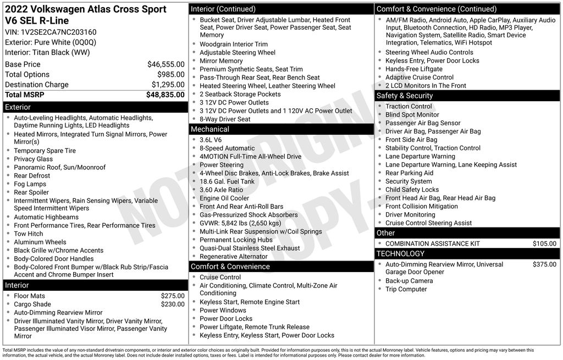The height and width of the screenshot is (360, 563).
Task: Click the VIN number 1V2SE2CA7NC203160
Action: (51, 32)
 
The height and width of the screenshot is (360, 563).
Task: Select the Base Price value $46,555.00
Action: (165, 64)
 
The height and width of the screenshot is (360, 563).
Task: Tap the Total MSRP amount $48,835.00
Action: (165, 95)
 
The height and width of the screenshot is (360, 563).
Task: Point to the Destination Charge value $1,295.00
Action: (168, 85)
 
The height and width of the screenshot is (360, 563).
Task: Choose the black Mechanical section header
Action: (281, 129)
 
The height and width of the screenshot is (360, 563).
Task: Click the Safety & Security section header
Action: (467, 96)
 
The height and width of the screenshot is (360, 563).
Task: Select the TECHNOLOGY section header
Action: (467, 253)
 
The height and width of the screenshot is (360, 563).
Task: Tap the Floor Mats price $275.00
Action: (173, 296)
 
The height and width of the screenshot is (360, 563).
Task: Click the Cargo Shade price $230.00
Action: (173, 304)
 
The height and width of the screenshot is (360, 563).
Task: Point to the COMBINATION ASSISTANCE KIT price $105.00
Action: (544, 243)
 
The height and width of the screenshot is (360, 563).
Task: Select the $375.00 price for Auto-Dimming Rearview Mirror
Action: (544, 264)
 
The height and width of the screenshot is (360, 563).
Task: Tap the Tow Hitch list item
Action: (29, 234)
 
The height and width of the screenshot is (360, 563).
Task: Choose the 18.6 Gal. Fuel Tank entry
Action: (227, 181)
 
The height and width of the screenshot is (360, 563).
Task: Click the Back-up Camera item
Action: (409, 281)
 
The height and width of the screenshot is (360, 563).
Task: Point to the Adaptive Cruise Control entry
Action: (419, 77)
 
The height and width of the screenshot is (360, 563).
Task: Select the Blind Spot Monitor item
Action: (412, 115)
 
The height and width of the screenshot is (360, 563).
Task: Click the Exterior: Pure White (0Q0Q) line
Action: (51, 42)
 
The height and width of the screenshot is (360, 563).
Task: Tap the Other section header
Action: (467, 233)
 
